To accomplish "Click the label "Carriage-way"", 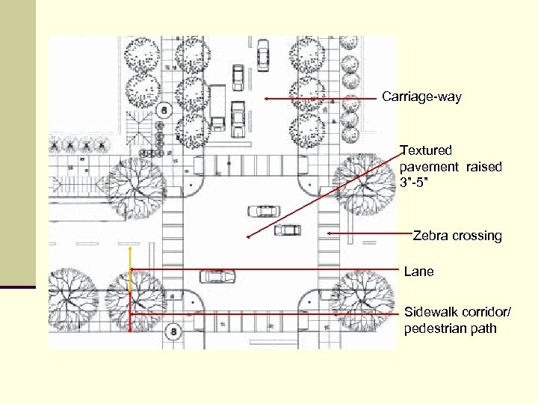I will pyautogui.click(x=421, y=97).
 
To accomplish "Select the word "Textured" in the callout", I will pyautogui.click(x=426, y=150).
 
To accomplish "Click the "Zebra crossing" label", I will pyautogui.click(x=457, y=236).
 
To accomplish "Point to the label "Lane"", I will pyautogui.click(x=418, y=272).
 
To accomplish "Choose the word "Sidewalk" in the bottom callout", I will pyautogui.click(x=430, y=311).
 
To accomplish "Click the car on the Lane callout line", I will pyautogui.click(x=217, y=276).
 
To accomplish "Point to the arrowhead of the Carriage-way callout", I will pyautogui.click(x=265, y=98).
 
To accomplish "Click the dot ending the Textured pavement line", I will pyautogui.click(x=248, y=237).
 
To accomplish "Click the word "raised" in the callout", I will pyautogui.click(x=483, y=167).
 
